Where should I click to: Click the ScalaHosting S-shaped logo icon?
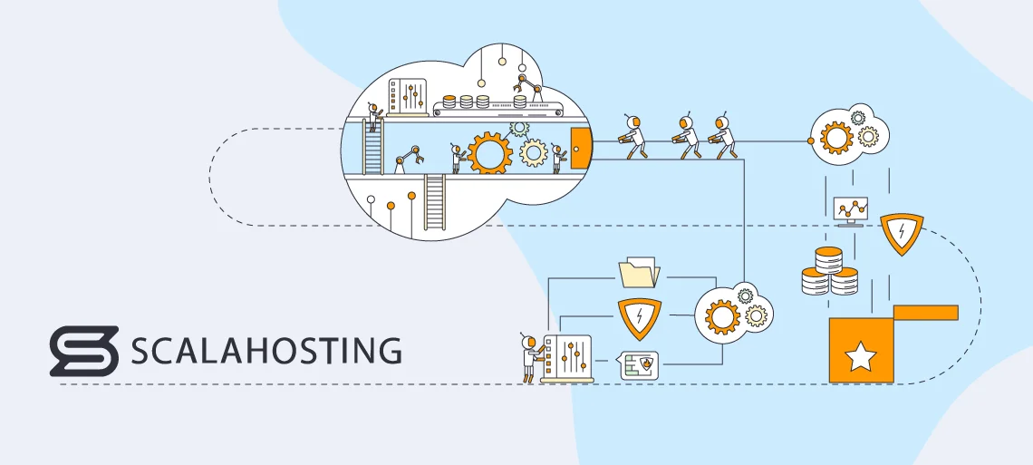[x=84, y=350]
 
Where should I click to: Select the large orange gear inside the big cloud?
[x=489, y=153]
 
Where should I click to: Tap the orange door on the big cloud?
[x=580, y=148]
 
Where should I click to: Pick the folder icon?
[x=639, y=273]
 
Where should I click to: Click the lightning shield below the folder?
[x=639, y=316]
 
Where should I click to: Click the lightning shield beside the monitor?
[x=902, y=233]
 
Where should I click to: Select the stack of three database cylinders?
[x=829, y=273]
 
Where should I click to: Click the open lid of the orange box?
[x=925, y=313]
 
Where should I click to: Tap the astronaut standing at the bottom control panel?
[x=529, y=357]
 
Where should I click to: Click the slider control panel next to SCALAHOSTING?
[x=565, y=358]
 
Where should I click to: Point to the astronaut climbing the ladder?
[x=372, y=117]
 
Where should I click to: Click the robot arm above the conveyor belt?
[x=526, y=89]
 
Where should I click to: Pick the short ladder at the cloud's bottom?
[x=435, y=204]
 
